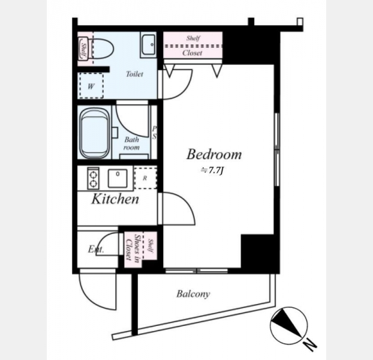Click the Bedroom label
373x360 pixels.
pyautogui.click(x=214, y=154)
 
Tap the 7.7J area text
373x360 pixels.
pyautogui.click(x=212, y=170)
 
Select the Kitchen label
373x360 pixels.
pyautogui.click(x=115, y=199)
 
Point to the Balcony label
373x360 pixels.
pyautogui.click(x=193, y=294)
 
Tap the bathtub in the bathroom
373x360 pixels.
pyautogui.click(x=95, y=133)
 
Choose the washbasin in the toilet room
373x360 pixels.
pyautogui.click(x=149, y=45)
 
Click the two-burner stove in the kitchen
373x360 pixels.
pyautogui.click(x=94, y=178)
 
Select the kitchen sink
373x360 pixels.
pyautogui.click(x=118, y=178)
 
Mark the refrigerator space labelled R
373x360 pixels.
pyautogui.click(x=145, y=178)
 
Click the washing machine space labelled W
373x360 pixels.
pyautogui.click(x=91, y=86)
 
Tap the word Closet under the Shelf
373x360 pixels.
pyautogui.click(x=192, y=53)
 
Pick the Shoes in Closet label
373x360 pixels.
pyautogui.click(x=133, y=247)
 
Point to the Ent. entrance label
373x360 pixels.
pyautogui.click(x=96, y=250)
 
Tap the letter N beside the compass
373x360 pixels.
pyautogui.click(x=310, y=344)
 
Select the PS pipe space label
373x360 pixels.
pyautogui.click(x=154, y=133)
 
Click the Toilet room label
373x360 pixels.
pyautogui.click(x=135, y=74)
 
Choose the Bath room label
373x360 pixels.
pyautogui.click(x=131, y=143)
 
